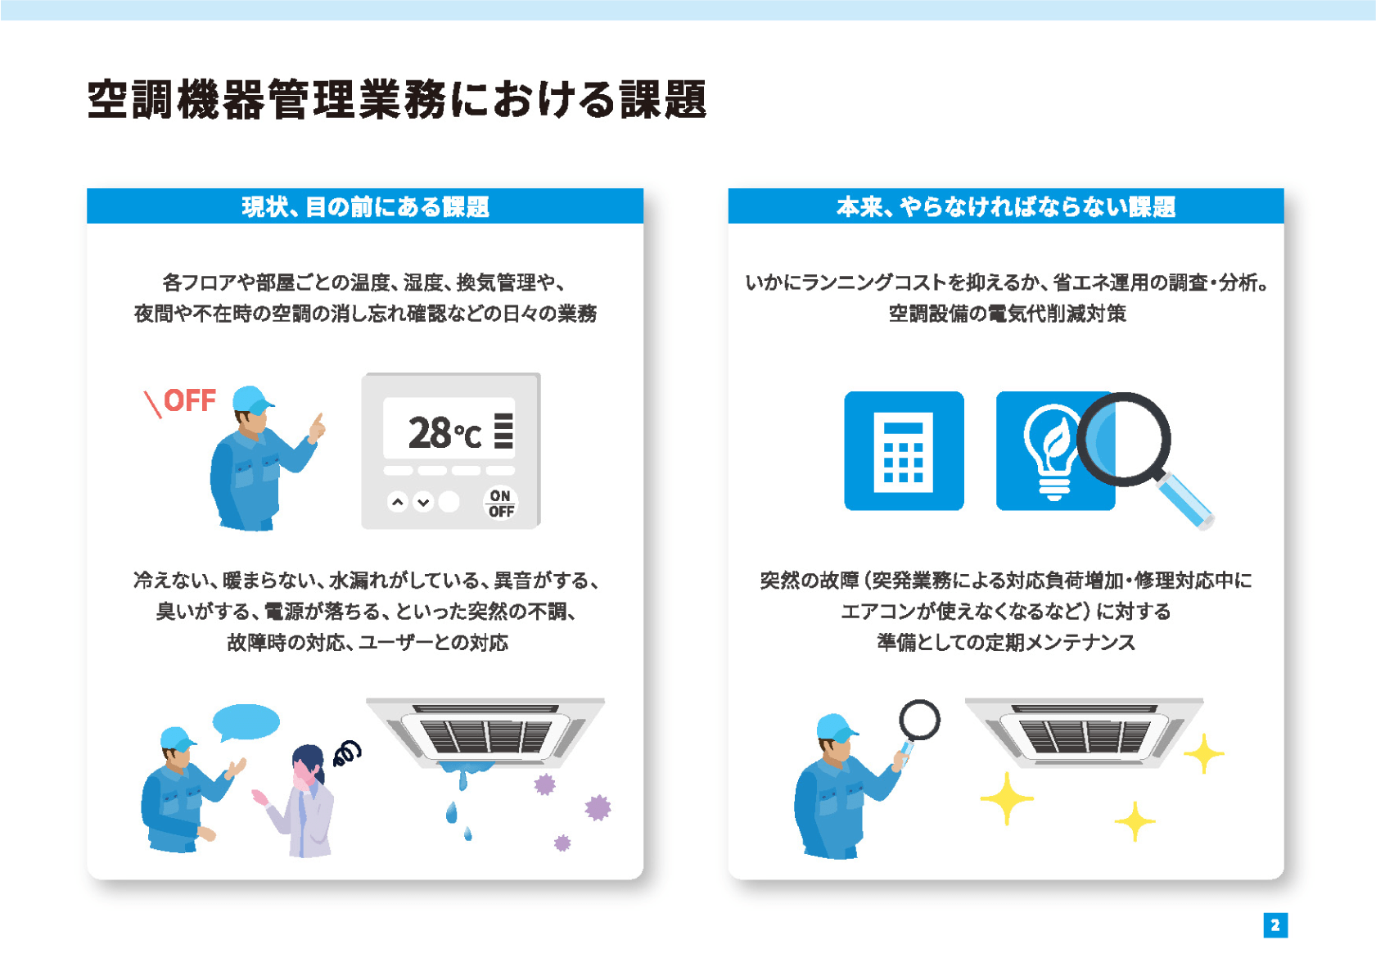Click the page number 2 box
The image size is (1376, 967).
(x=1274, y=924)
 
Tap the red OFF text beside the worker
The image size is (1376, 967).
(x=190, y=400)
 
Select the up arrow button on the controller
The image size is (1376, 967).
(x=398, y=502)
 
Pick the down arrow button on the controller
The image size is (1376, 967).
(x=423, y=502)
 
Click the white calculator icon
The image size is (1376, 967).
(x=903, y=452)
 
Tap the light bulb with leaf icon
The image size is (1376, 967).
(x=1052, y=451)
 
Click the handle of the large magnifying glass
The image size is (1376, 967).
(x=1185, y=500)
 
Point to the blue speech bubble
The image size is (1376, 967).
(x=246, y=722)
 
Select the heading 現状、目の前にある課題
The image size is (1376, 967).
(x=365, y=206)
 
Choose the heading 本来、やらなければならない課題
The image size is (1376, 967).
(x=1005, y=206)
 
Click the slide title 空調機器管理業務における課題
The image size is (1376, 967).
(x=397, y=100)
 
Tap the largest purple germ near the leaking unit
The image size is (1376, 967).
(x=597, y=808)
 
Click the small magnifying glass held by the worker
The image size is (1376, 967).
(x=918, y=728)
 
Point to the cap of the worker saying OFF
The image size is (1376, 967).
(x=252, y=400)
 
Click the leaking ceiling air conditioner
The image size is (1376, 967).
(x=485, y=734)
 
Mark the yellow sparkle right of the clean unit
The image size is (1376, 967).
(x=1203, y=753)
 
